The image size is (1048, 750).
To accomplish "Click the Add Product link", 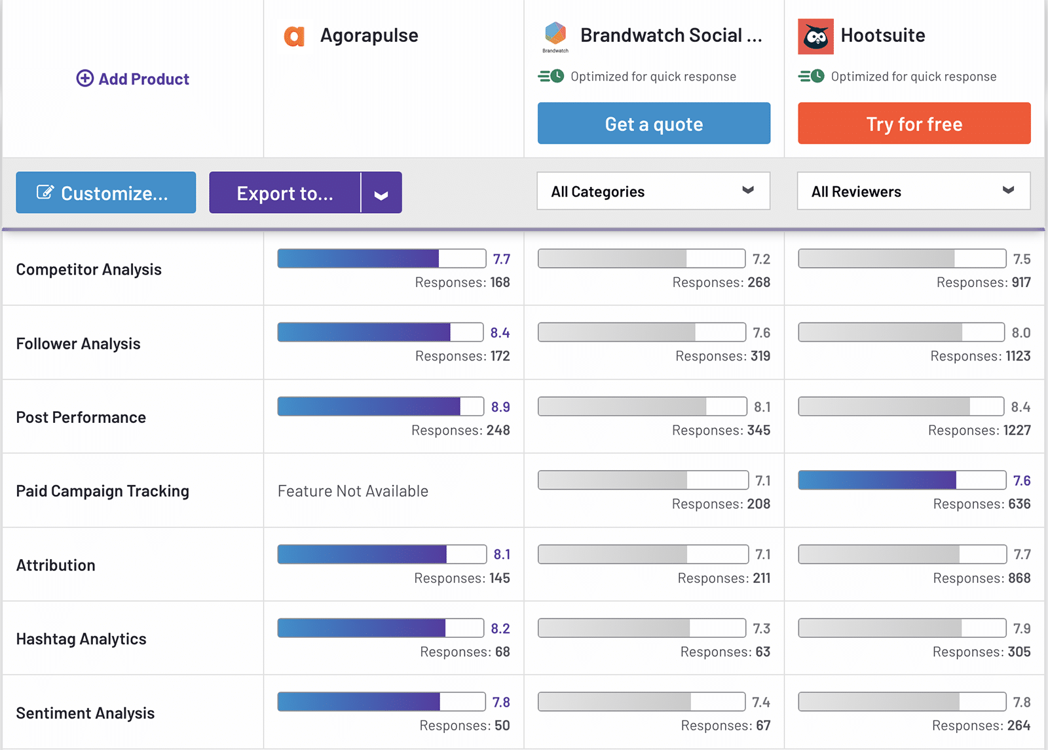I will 133,79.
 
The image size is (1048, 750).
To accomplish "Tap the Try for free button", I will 914,124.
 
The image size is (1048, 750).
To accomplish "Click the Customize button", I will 105,193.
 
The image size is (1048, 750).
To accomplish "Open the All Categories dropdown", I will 653,191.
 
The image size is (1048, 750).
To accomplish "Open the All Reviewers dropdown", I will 913,191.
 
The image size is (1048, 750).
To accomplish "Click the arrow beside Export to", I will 381,193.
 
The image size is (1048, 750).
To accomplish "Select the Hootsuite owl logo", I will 815,36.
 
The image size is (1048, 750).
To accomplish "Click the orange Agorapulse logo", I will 294,36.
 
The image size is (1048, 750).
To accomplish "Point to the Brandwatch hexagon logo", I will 555,33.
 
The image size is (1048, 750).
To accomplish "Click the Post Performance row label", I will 81,418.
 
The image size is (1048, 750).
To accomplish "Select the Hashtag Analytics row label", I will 81,639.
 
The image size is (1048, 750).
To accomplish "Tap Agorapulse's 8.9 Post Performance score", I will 500,407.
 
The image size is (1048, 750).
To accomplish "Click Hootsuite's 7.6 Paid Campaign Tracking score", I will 1022,481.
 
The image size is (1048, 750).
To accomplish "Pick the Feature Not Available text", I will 353,491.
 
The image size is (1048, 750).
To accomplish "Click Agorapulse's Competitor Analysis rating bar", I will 381,258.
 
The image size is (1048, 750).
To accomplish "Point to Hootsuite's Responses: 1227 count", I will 979,431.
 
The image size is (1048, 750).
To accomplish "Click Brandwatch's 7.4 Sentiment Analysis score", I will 760,703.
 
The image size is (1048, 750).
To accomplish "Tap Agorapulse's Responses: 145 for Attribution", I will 462,578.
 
